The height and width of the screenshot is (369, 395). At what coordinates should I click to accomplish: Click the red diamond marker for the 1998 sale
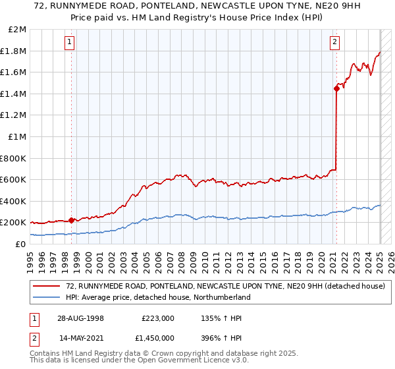[71, 220]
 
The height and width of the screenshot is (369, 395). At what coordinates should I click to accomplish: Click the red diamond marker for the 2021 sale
[336, 89]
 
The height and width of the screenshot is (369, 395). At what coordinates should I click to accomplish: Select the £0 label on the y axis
[20, 244]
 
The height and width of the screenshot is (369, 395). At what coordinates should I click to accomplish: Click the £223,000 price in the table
[158, 318]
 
